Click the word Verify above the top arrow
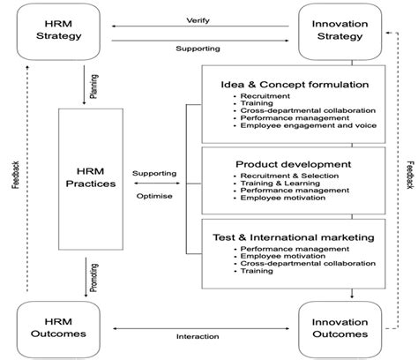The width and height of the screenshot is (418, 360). point(198,19)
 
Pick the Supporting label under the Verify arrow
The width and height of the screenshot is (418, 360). point(198,49)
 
